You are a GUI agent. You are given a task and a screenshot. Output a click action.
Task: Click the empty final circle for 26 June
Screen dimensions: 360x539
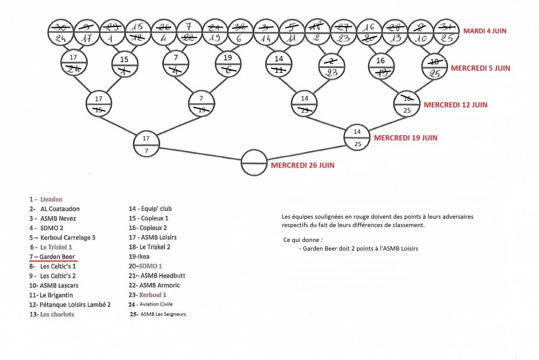coord(254,162)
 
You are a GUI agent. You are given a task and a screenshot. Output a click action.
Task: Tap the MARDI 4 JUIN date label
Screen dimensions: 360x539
coord(485,31)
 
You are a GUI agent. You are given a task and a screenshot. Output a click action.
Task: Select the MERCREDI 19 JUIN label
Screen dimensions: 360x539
coord(405,138)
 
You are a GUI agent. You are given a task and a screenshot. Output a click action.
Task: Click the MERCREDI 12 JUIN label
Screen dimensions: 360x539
coord(455,105)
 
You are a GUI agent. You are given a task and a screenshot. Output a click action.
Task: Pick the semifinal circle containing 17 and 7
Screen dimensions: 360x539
coord(147,144)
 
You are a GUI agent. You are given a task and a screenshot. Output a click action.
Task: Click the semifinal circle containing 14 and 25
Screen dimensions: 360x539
coord(357,137)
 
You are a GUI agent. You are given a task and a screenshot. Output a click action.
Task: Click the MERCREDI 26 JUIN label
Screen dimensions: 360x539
coord(302,165)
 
